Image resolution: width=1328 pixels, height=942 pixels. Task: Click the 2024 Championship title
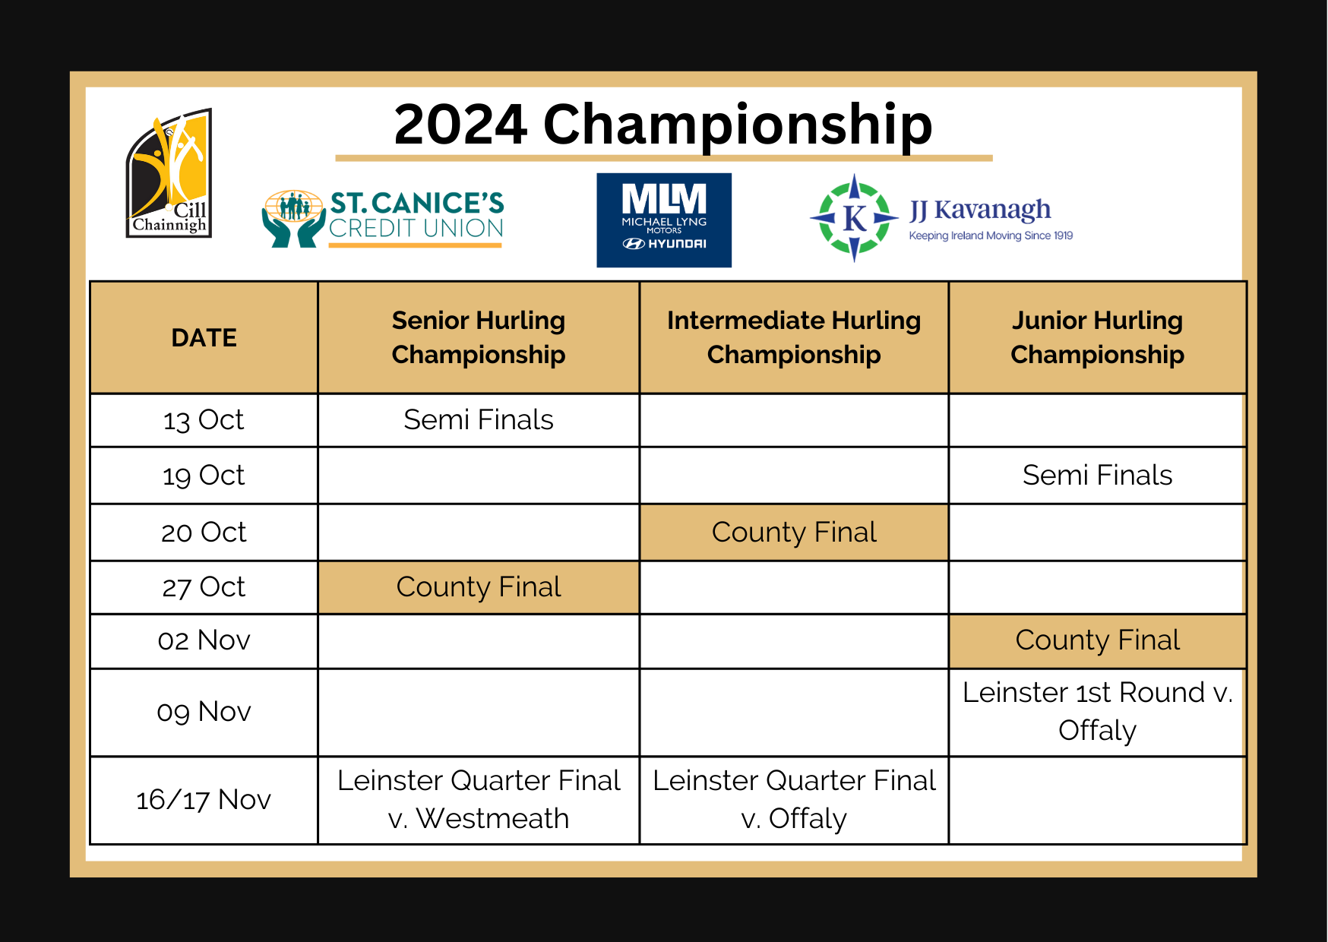tap(663, 125)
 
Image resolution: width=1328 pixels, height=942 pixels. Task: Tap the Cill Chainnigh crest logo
tap(169, 173)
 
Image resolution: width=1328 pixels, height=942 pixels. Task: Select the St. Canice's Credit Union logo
tap(383, 219)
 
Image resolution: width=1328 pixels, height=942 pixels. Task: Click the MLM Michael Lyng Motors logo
tap(664, 220)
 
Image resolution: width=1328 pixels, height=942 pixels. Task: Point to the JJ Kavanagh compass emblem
tap(854, 218)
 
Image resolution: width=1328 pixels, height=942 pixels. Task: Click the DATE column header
tap(204, 338)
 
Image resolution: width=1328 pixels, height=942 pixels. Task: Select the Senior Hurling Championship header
tap(479, 338)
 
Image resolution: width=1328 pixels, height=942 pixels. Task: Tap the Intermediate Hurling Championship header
tap(794, 338)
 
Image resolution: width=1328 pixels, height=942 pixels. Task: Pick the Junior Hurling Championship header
tap(1097, 338)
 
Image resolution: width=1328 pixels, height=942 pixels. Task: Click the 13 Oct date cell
tap(204, 420)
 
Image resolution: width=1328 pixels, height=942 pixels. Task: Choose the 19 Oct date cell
tap(204, 476)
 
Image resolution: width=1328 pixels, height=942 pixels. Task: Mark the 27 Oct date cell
tap(204, 587)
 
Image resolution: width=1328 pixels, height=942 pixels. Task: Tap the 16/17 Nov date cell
tap(204, 800)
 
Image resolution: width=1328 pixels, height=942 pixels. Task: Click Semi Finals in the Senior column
tap(479, 420)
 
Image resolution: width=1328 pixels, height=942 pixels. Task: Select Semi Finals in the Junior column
tap(1097, 476)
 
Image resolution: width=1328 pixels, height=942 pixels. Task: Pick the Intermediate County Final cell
tap(794, 533)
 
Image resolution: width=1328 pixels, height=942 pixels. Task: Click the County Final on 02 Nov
tap(1097, 640)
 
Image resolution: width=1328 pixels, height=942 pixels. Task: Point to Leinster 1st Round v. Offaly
tap(1097, 712)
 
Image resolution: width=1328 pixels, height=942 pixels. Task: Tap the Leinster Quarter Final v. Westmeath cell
tap(479, 800)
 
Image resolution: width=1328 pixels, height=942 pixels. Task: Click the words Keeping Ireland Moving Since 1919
tap(991, 235)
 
